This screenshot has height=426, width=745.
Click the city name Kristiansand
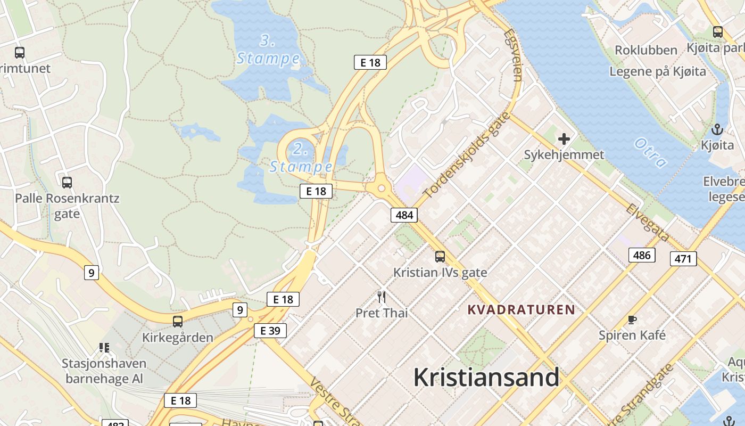486,378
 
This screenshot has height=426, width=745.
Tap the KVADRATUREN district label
521,309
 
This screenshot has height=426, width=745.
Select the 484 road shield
404,215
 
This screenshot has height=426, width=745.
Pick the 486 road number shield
641,255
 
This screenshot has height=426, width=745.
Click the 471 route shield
683,259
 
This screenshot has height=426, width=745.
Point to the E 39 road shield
270,331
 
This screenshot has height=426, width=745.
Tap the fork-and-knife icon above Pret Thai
382,297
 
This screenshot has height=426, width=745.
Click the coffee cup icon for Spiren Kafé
632,319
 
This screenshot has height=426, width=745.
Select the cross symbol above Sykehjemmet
564,140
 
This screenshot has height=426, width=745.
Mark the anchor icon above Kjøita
717,129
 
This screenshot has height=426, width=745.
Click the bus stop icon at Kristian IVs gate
440,257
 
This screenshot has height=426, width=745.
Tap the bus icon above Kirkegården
178,322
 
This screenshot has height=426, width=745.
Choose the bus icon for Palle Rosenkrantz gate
67,183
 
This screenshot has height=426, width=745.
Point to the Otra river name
650,153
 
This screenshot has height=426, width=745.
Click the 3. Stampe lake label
268,50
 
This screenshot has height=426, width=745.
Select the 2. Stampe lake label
301,158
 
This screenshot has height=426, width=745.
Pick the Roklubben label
646,50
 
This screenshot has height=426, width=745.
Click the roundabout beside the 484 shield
381,188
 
